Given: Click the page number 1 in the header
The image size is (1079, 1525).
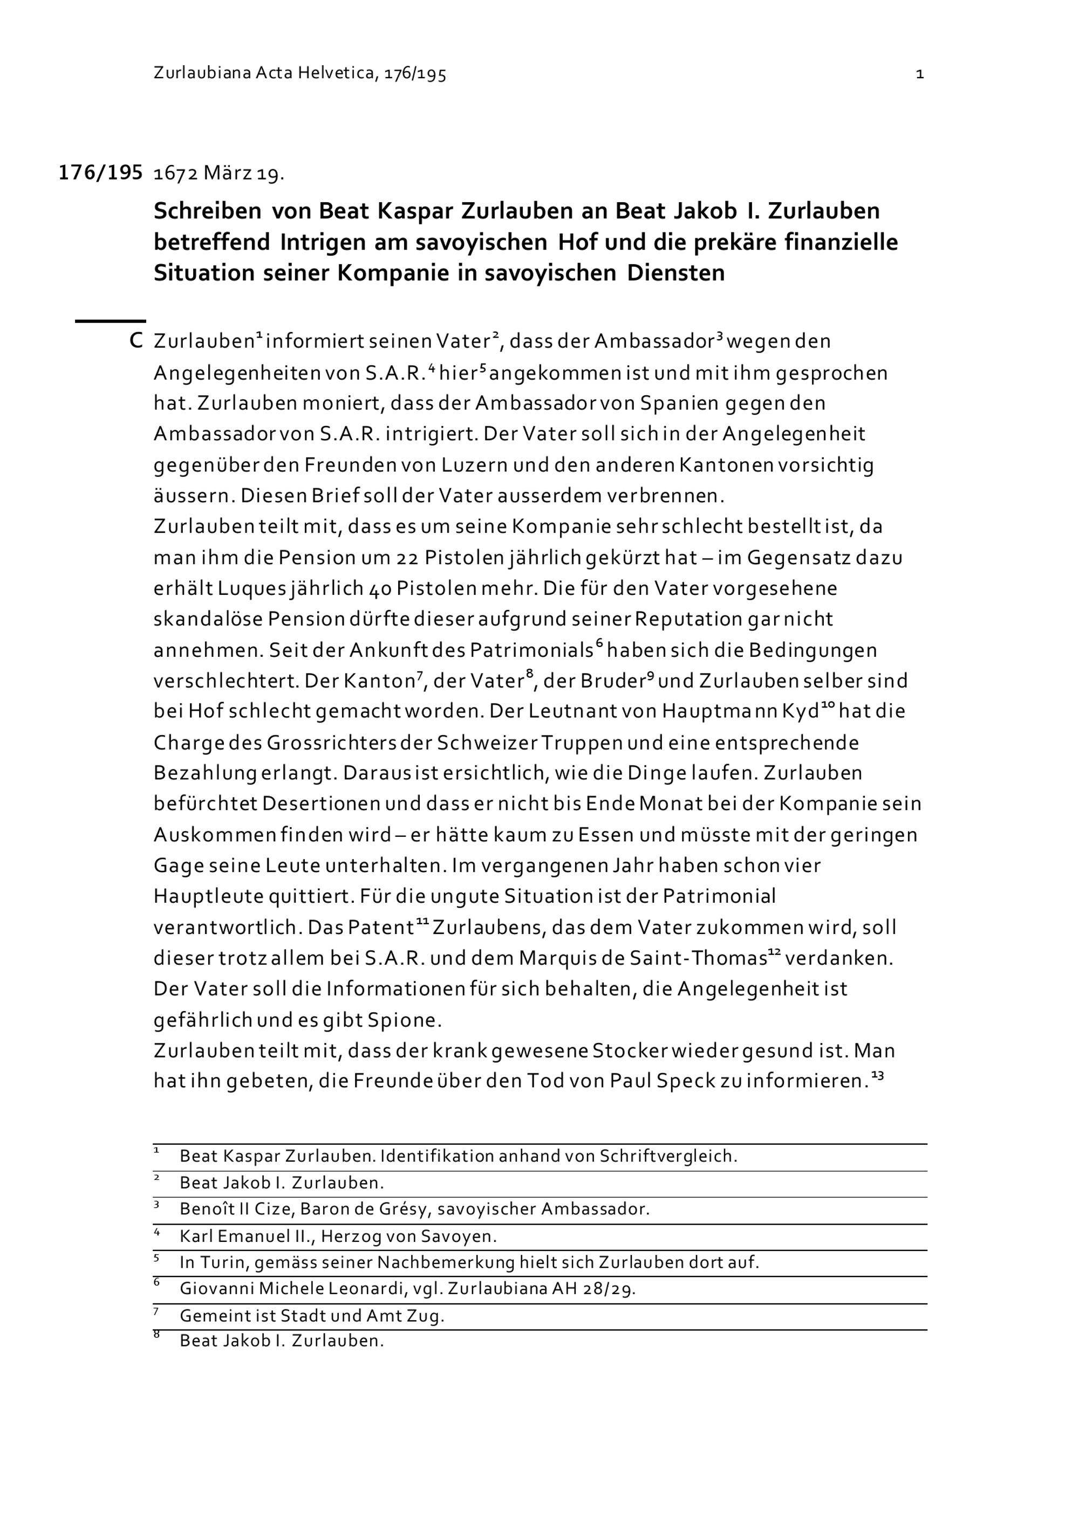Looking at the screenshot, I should tap(919, 74).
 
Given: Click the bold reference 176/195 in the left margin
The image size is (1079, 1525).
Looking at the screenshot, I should tap(100, 173).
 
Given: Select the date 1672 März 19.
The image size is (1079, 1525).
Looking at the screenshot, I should tap(218, 174).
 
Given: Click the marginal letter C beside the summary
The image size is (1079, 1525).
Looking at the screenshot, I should tap(136, 341).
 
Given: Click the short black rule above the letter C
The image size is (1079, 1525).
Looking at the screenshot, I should tap(110, 321).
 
